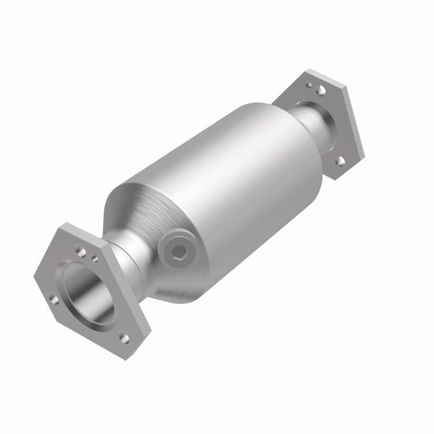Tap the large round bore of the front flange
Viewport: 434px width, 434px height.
pyautogui.click(x=90, y=292)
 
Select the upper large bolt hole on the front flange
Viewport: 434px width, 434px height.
pyautogui.click(x=81, y=250)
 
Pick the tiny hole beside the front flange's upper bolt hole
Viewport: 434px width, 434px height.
pyautogui.click(x=96, y=259)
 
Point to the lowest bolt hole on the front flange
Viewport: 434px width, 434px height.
pyautogui.click(x=123, y=337)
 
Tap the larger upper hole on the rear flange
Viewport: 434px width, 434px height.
pyautogui.click(x=321, y=90)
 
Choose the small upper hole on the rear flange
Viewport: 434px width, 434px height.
pyautogui.click(x=309, y=86)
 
